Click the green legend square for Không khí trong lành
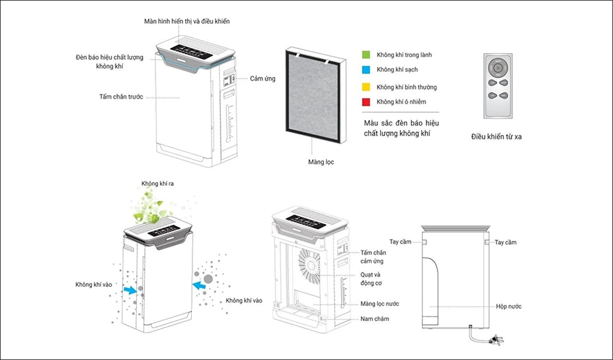[x=367, y=55]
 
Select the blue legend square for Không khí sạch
[x=367, y=70]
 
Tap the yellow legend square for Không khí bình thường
[x=367, y=87]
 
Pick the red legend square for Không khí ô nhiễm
[x=367, y=102]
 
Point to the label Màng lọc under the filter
[x=321, y=163]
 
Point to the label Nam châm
[x=375, y=319]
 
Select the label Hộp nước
[x=509, y=306]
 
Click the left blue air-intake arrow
[x=129, y=289]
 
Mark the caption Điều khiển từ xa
[x=497, y=137]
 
